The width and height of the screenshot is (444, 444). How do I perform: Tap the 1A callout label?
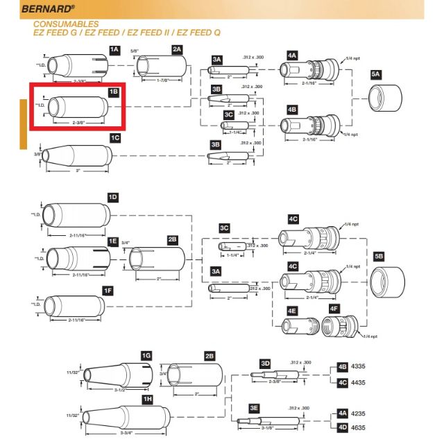coord(114,49)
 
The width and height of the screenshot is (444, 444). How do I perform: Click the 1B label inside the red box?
coord(113,92)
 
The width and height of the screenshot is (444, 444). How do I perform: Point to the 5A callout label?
coord(376,74)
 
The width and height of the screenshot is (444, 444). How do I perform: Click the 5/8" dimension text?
coord(135,49)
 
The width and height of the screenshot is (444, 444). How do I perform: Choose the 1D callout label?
coord(113,197)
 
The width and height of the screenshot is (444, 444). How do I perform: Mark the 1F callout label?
coord(108,290)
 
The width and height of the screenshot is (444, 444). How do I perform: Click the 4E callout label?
coord(292,311)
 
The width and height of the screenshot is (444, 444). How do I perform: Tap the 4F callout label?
coord(334,308)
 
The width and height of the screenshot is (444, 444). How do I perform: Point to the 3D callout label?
coord(264,364)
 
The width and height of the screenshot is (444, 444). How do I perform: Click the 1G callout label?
coord(146,356)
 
